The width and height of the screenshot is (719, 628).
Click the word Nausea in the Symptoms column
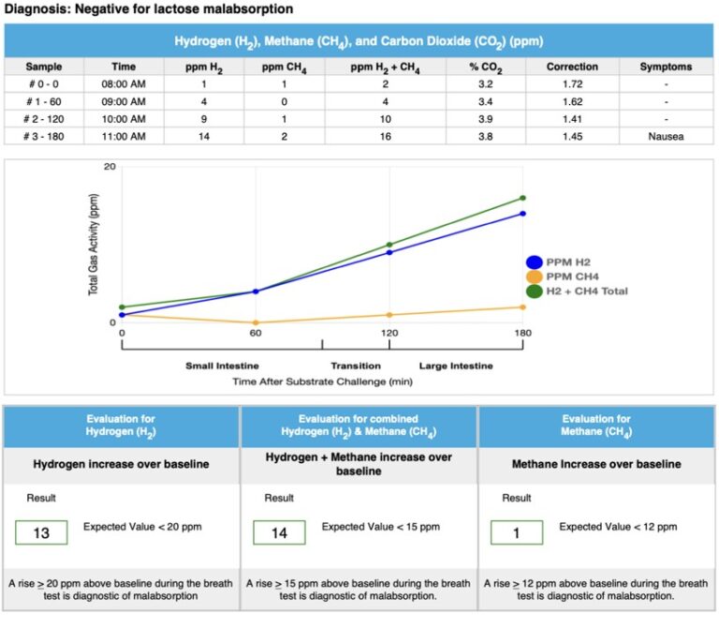click(x=666, y=137)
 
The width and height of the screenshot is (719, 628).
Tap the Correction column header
click(x=572, y=67)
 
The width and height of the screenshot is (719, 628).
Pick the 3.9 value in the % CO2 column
click(x=487, y=119)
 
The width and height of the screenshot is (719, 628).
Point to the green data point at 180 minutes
click(x=523, y=198)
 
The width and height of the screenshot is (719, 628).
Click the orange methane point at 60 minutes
click(x=256, y=322)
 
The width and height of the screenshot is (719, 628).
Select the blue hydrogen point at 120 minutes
click(x=389, y=252)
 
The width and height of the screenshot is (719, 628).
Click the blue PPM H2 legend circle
click(x=535, y=262)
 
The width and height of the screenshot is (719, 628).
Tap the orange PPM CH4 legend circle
click(x=535, y=277)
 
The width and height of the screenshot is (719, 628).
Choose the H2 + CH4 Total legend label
click(x=587, y=292)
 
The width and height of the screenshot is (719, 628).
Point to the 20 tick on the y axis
click(x=110, y=167)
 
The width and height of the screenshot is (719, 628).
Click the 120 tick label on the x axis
click(x=389, y=333)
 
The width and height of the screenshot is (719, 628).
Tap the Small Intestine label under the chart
click(x=222, y=366)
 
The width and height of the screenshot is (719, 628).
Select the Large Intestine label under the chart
click(x=456, y=366)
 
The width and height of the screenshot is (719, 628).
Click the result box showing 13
click(x=41, y=532)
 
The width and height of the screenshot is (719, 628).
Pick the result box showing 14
click(x=279, y=532)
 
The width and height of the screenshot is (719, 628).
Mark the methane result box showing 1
click(x=517, y=532)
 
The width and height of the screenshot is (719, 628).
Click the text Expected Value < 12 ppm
click(x=618, y=527)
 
